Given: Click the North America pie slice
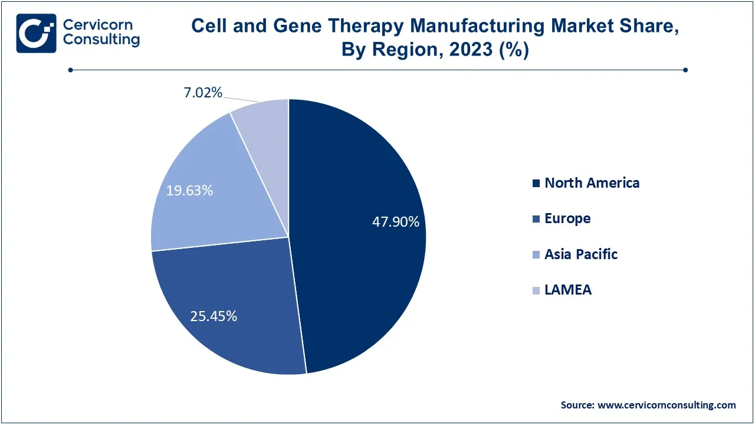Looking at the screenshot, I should click(354, 248).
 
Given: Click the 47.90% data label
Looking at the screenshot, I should click(395, 222).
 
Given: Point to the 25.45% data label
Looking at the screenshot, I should click(214, 316).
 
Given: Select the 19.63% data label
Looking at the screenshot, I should click(189, 191).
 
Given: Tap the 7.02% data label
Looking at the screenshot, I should click(202, 92).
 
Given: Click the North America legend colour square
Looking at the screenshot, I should click(536, 184).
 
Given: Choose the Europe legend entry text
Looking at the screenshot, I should click(567, 218).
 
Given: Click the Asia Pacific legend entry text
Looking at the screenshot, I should click(581, 254).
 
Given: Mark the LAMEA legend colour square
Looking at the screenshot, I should click(536, 290).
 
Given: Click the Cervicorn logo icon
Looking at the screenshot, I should click(36, 33).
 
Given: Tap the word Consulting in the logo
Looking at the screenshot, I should click(101, 40).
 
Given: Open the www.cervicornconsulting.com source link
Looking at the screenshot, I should click(667, 405).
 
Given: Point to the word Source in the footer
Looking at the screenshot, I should click(577, 405).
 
